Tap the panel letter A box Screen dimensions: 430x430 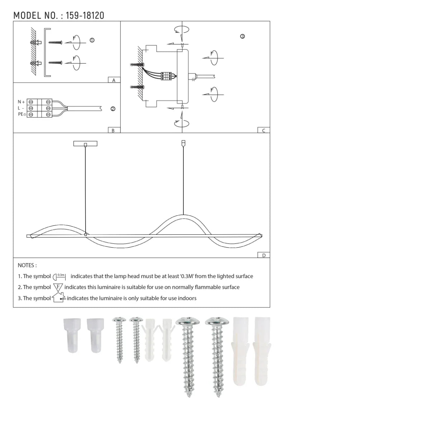point(114,80)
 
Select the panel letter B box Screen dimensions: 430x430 point(113,130)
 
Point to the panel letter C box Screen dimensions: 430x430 point(264,130)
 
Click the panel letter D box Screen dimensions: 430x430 point(264,255)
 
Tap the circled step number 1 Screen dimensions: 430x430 point(92,40)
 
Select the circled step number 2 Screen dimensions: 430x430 point(113,109)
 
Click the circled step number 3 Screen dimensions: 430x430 point(243,37)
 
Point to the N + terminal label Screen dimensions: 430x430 point(21,102)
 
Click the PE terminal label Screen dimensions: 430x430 point(21,114)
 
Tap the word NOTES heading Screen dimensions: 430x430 point(27,266)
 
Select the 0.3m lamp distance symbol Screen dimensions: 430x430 point(59,277)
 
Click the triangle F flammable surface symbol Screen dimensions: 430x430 point(58,287)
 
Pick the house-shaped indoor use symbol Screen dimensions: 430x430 point(58,298)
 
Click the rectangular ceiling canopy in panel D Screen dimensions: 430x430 point(85,144)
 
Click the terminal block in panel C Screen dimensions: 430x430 point(167,76)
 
